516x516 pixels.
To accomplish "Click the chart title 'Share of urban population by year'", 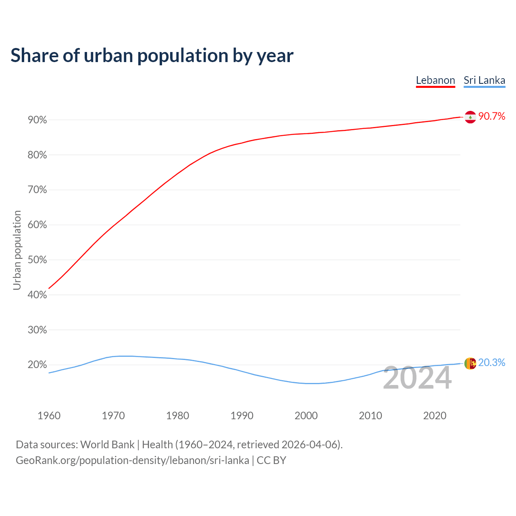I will tap(152, 56).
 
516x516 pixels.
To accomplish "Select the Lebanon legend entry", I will tap(435, 80).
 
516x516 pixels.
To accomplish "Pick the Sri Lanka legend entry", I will tap(484, 80).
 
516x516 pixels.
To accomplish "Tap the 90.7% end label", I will tap(492, 117).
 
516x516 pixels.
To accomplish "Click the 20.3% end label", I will tap(492, 363).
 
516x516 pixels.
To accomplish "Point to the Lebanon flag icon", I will tap(470, 117).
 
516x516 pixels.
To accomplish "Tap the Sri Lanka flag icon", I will tap(470, 363).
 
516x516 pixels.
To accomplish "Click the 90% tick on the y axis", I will tap(37, 120).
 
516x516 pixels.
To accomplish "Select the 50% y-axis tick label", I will tap(37, 260).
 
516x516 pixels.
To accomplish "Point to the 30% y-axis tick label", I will tap(37, 330).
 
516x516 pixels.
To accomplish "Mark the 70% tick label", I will tap(37, 190).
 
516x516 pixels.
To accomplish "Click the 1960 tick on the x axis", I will tap(49, 416).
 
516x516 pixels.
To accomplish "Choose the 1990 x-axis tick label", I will tap(242, 416).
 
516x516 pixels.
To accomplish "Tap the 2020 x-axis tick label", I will tap(435, 416).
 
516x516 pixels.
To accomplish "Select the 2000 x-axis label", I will tap(306, 416).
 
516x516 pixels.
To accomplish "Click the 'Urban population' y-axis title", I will tap(17, 250).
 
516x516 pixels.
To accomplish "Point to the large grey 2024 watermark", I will tap(417, 378).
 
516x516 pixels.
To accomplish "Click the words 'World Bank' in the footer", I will tap(107, 445).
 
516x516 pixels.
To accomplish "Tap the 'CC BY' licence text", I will tap(271, 460).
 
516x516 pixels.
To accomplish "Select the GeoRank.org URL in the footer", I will tap(132, 460).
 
